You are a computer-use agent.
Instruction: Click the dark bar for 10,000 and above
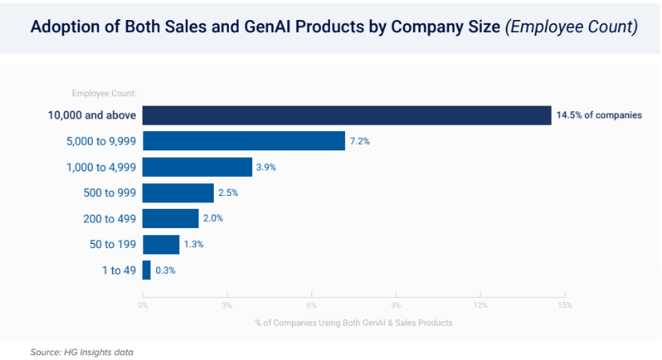point(347,115)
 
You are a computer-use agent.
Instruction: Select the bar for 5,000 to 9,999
point(243,142)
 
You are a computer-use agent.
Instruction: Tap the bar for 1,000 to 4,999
point(197,167)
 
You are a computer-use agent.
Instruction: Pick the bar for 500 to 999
point(178,193)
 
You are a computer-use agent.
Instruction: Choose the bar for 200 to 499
point(171,218)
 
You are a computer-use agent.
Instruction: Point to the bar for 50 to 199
point(161,244)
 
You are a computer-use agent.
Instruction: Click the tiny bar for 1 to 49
point(146,270)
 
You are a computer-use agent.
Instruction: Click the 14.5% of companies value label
point(599,116)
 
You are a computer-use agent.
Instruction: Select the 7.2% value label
point(359,142)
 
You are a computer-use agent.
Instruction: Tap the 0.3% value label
point(166,270)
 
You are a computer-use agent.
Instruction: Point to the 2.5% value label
point(228,193)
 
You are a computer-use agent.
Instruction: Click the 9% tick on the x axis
point(395,305)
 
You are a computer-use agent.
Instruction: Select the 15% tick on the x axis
point(564,305)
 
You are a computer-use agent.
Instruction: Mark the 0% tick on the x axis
point(142,305)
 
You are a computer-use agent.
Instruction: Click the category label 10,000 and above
point(92,116)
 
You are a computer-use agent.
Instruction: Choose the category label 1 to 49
point(118,270)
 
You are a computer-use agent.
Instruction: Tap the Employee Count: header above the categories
point(103,94)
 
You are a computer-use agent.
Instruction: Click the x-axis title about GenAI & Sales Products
point(354,322)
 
